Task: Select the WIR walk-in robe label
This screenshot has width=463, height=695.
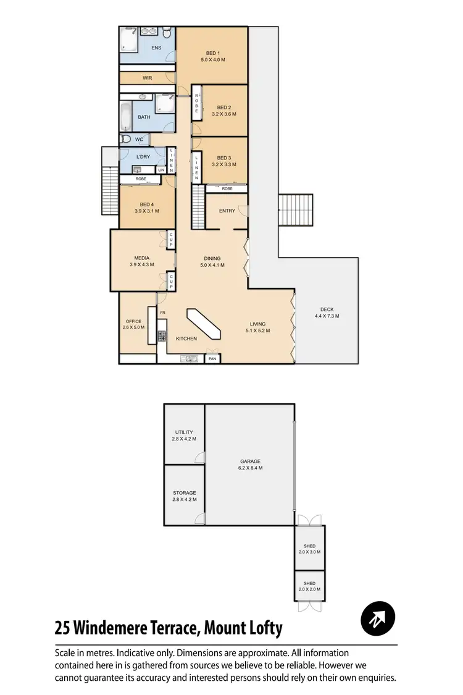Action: (x=147, y=78)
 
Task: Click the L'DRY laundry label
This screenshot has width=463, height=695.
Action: (x=143, y=156)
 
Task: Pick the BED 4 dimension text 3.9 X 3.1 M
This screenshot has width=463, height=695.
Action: (x=146, y=211)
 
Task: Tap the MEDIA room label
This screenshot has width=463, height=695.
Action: (x=143, y=258)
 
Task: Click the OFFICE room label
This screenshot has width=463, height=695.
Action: (x=133, y=321)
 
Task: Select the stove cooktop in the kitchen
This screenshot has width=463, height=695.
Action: (x=162, y=337)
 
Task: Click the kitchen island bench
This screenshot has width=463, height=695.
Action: (x=204, y=322)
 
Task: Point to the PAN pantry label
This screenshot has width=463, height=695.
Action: (x=212, y=358)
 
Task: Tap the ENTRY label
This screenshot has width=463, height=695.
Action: (x=227, y=211)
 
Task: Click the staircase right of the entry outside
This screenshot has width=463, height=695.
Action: (x=297, y=211)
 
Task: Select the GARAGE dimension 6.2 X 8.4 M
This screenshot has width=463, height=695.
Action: (x=251, y=468)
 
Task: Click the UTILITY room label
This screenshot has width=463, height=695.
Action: (x=184, y=432)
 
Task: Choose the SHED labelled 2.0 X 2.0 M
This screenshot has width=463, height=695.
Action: (x=309, y=586)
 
